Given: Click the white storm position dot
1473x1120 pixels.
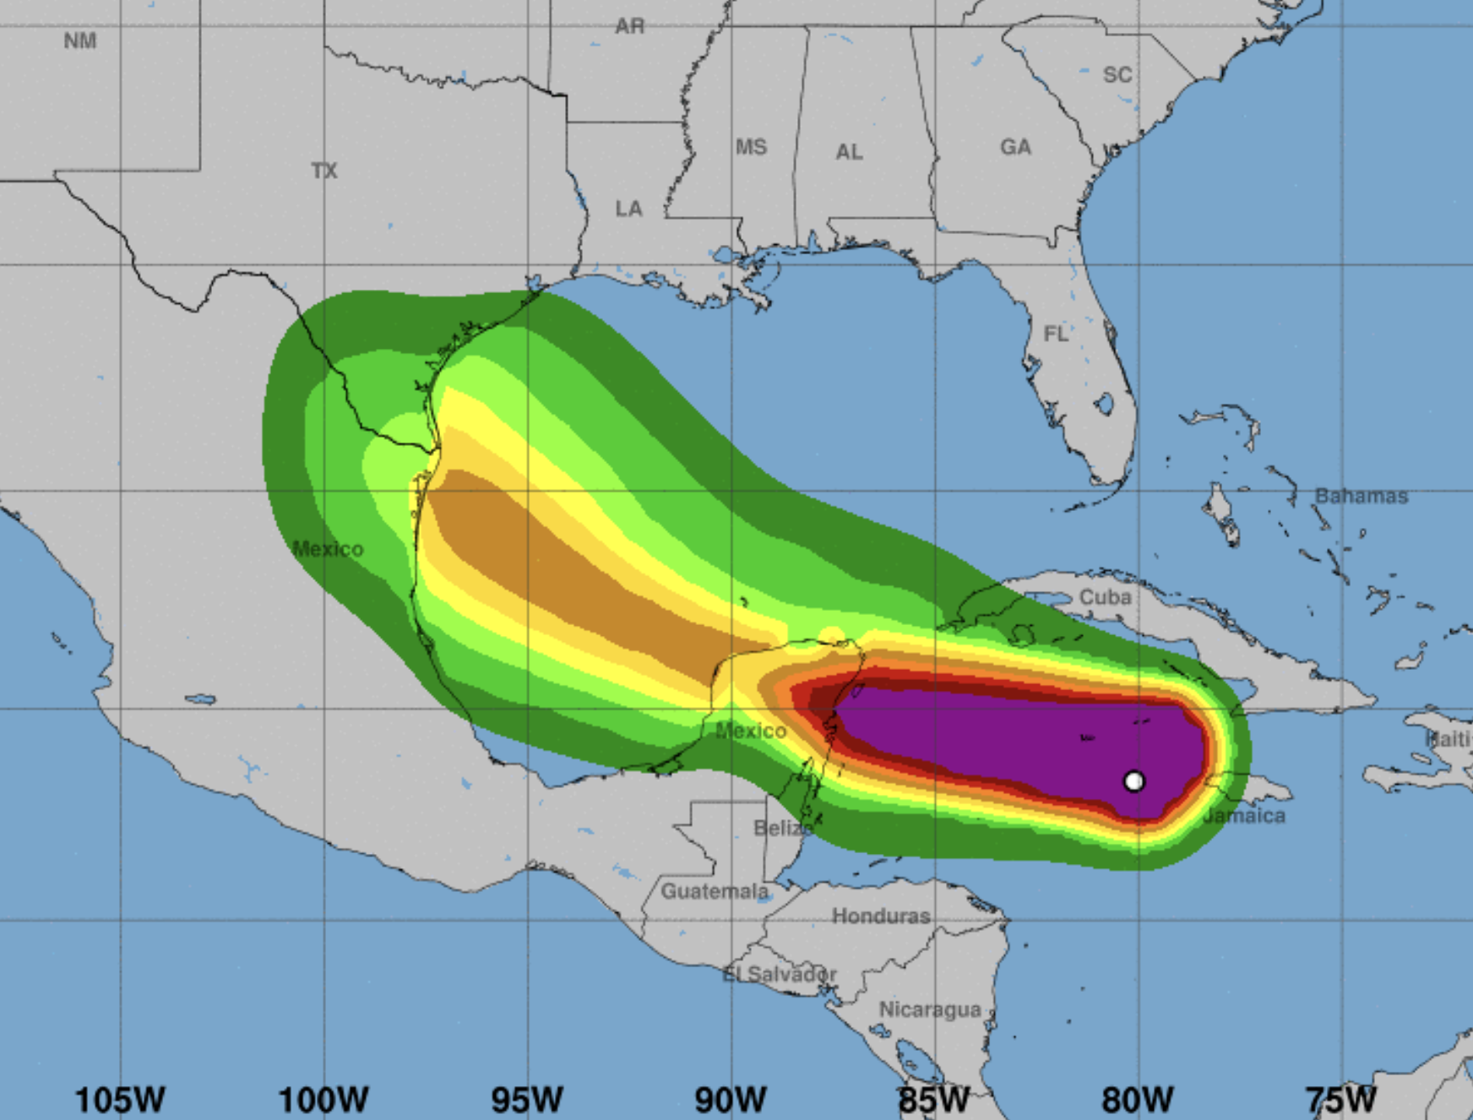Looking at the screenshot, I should [x=1134, y=781].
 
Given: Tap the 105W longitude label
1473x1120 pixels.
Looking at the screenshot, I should [x=120, y=1100].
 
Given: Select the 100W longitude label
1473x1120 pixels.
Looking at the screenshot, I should [x=323, y=1100].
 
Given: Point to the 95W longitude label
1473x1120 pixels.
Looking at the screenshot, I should [x=527, y=1100].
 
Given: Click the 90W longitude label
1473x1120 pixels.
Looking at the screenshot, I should [x=731, y=1100].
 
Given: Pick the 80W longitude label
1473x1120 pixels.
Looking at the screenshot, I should [x=1137, y=1100].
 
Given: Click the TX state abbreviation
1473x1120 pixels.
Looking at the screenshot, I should [x=324, y=171].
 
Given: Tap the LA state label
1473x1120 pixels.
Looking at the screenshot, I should [x=628, y=209].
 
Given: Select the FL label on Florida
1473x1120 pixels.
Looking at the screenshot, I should [x=1056, y=334].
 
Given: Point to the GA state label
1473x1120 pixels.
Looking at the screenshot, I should [x=1015, y=147].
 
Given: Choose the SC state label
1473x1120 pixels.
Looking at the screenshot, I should [x=1117, y=75].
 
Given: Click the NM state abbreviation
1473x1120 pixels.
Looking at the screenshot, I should [x=80, y=41].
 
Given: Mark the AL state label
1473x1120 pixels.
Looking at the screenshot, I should [x=849, y=152].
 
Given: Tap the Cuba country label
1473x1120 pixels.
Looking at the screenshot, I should [x=1105, y=597].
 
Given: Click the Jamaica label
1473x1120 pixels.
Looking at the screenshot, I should [x=1243, y=816].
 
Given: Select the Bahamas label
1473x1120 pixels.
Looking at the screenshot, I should [x=1362, y=496].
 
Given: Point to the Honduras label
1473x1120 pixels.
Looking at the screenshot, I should [x=881, y=916].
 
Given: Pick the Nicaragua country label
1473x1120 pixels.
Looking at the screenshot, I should [x=930, y=1009].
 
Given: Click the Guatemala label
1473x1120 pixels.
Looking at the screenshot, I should [x=715, y=891].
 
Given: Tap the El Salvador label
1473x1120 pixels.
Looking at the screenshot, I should [x=780, y=974].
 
